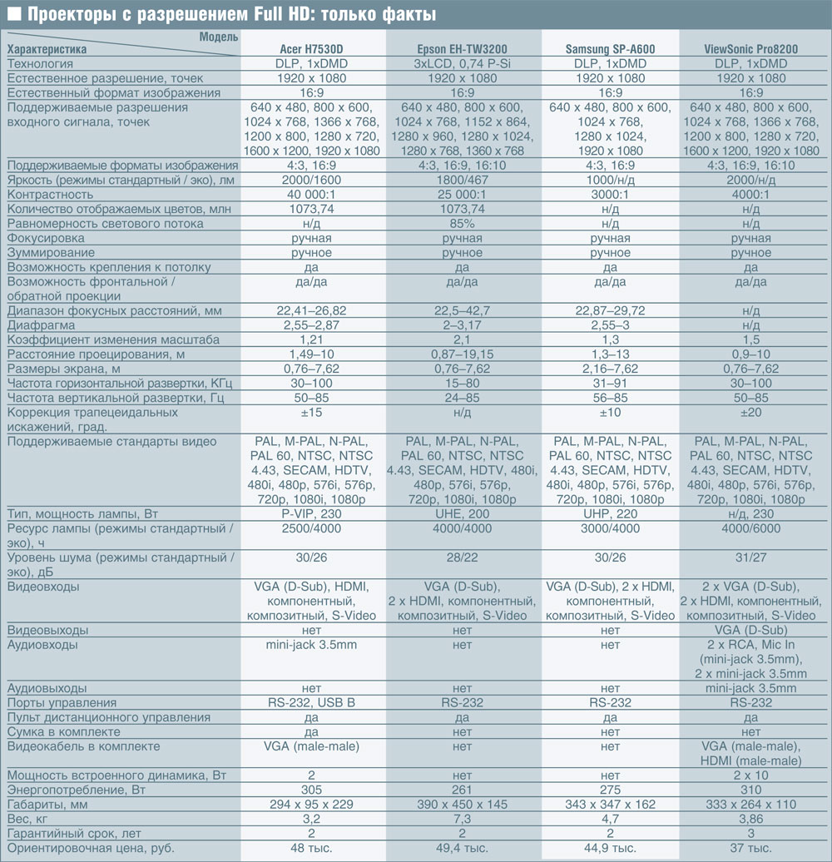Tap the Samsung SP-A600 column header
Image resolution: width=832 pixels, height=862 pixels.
point(610,50)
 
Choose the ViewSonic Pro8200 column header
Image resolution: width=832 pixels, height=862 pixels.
point(750,50)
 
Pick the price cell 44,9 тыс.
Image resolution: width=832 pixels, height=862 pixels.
point(610,849)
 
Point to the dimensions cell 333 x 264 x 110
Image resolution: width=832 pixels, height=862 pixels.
point(750,805)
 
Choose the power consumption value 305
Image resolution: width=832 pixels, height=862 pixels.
point(311,790)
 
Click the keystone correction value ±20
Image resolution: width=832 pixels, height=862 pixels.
point(750,413)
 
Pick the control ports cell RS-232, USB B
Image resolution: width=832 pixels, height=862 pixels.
point(311,703)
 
